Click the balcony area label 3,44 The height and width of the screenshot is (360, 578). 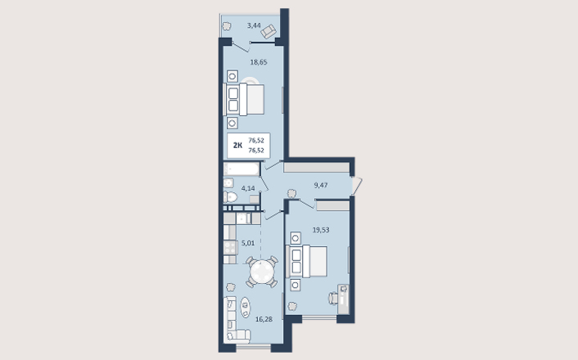pos(254,25)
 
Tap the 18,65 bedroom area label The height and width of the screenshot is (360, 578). pos(259,62)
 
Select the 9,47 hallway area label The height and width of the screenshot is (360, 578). pos(321,185)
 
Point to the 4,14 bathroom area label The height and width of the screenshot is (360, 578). pos(248,188)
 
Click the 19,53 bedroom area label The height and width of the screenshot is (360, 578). pos(321,230)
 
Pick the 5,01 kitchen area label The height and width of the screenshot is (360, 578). pos(248,243)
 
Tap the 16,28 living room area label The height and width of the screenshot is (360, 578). pos(264,319)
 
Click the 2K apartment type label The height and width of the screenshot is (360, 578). pos(237,145)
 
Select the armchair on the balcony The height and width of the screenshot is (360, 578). pos(269,31)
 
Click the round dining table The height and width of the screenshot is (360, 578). pos(262,272)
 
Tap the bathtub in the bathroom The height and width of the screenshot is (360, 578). pos(242,169)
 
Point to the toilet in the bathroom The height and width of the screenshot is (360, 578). pos(230,197)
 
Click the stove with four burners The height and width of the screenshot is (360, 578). pos(230,248)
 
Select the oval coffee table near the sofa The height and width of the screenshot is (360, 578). pos(246,308)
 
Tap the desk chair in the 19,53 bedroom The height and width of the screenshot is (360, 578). pos(333,298)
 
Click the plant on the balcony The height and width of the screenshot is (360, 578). pos(226,26)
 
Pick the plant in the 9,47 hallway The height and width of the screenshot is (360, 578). pos(291,193)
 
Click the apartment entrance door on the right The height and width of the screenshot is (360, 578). pos(357,186)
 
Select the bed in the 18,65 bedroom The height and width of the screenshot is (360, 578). pos(244,99)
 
